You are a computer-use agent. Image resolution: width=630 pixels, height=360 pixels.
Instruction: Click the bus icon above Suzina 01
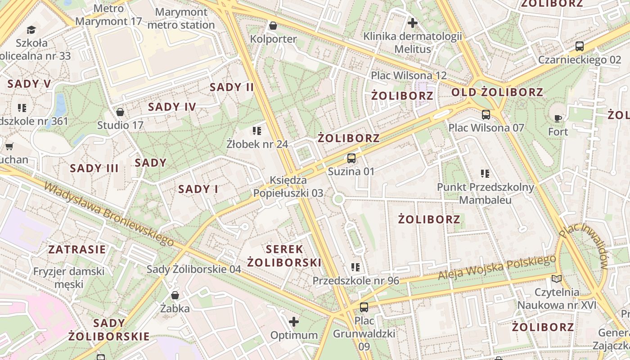351,158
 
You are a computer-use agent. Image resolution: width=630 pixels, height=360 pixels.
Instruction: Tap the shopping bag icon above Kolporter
273,26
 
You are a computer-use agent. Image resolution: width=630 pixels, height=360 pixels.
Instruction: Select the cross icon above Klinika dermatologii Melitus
412,23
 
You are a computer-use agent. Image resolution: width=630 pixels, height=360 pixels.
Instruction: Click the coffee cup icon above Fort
558,119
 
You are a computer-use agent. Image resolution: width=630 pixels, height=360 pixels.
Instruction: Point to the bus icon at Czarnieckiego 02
580,46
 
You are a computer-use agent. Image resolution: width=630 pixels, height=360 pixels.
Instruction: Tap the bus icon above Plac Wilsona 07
486,115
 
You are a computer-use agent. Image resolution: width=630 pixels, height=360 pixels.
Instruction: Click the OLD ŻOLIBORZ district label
497,93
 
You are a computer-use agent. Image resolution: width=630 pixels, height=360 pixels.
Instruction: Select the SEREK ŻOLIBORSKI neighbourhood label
284,256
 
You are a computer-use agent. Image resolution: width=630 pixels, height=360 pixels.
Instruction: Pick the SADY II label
232,87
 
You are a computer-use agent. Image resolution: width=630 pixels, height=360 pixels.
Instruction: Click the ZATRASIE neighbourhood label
77,249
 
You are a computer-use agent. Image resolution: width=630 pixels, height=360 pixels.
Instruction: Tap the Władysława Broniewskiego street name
108,214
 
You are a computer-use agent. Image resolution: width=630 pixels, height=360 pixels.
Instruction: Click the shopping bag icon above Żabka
175,296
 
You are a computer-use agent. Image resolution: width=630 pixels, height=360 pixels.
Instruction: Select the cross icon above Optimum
294,322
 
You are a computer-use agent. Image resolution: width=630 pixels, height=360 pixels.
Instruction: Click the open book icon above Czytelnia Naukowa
557,279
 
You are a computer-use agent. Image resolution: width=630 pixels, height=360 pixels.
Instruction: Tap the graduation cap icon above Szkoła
31,30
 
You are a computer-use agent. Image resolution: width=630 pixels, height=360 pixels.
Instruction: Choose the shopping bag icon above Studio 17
120,112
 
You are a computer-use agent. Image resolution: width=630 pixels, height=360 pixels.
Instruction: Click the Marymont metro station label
181,18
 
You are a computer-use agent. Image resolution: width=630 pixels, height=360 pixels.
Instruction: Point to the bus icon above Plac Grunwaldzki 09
364,308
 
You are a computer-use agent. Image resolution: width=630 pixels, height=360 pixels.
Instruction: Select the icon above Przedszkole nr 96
355,268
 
